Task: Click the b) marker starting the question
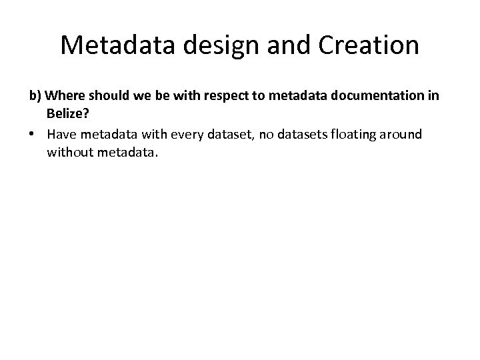[35, 97]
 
